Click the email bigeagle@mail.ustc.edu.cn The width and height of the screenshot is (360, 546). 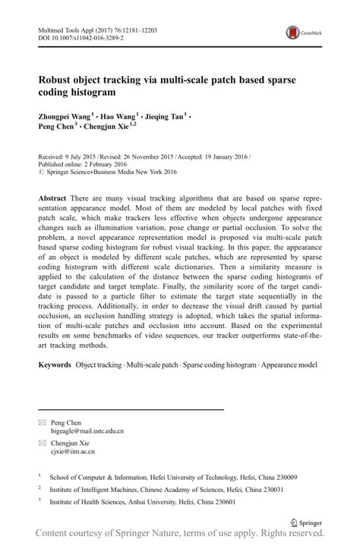[x=87, y=431]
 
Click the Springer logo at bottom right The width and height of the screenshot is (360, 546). [x=308, y=522]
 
